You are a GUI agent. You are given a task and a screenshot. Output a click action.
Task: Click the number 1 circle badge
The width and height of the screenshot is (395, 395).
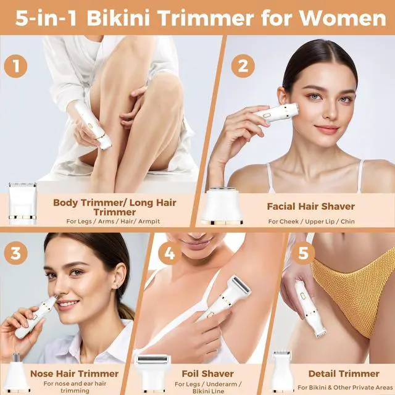click(x=15, y=66)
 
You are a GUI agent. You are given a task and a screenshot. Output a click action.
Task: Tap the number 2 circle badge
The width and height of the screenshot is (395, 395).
click(x=243, y=66)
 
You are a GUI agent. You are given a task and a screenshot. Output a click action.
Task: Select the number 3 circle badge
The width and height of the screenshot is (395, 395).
click(x=15, y=253)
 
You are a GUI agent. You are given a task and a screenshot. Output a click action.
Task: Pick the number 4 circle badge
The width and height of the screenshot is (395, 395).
click(x=170, y=253)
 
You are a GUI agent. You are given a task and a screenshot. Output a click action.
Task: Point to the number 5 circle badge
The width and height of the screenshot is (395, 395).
click(x=303, y=253)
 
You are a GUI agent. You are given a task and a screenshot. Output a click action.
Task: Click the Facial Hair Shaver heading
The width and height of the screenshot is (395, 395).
click(x=311, y=206)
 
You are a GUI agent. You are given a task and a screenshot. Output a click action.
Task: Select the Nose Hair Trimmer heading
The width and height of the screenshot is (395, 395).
click(x=74, y=373)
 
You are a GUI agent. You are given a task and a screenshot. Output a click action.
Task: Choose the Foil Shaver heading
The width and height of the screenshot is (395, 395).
click(x=208, y=373)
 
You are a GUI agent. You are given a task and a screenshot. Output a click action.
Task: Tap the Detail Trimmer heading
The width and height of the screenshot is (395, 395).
click(x=344, y=373)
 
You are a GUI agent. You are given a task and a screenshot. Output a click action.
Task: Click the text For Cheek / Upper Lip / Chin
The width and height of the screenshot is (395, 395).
click(x=311, y=222)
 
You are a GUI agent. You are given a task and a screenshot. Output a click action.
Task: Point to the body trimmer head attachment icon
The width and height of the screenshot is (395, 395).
click(x=23, y=203)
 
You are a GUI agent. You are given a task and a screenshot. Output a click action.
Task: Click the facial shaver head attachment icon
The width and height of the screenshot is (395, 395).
click(x=222, y=206)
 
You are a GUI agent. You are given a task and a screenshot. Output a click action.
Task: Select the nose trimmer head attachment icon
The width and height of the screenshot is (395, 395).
click(x=17, y=373)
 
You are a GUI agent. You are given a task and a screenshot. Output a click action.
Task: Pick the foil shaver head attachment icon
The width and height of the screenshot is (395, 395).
click(x=153, y=374)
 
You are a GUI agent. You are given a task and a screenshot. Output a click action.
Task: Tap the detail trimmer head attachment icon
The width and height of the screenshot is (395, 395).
click(x=282, y=373)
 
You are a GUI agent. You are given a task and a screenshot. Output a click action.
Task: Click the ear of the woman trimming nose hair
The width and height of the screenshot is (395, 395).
click(x=119, y=278)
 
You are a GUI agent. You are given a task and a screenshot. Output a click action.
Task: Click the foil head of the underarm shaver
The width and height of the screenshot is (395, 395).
click(x=241, y=285)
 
